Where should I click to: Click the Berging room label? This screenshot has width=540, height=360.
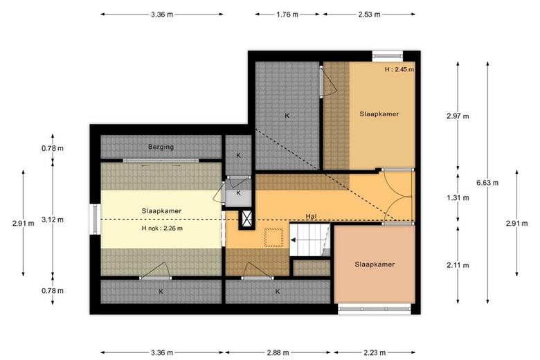pos(161,147)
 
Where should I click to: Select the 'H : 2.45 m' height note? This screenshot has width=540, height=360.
pos(399,69)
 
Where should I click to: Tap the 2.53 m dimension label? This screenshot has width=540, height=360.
pos(368,14)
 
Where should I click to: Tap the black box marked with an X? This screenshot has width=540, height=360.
pos(246,219)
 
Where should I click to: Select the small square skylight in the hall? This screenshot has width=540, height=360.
pos(276,237)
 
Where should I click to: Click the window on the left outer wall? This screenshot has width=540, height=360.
pos(94,219)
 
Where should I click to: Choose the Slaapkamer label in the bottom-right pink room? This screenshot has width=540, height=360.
pos(375,264)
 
